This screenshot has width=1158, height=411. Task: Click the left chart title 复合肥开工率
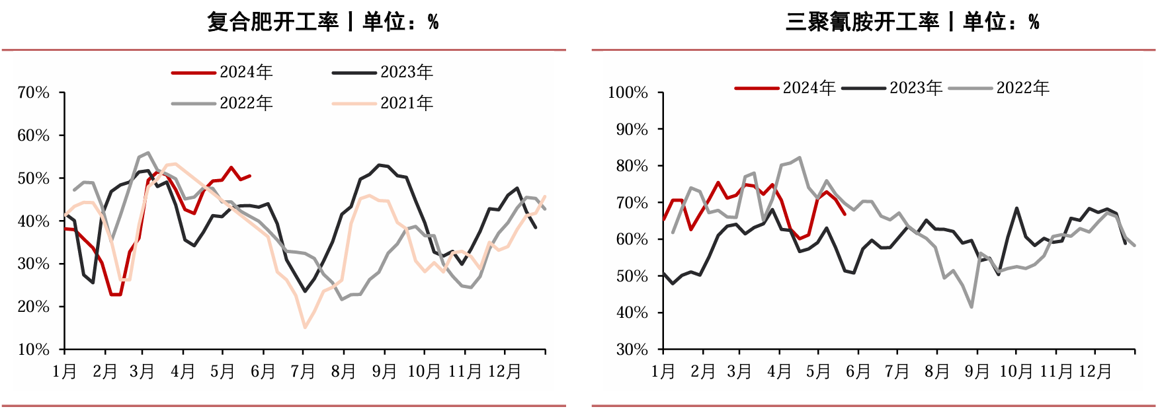coord(272,22)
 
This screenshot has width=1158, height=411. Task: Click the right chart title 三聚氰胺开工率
coord(862,22)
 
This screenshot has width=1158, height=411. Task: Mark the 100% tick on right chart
coord(628,93)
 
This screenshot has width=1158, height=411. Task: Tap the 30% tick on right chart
coord(632,350)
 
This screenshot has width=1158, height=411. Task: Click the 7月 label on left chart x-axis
coord(303,371)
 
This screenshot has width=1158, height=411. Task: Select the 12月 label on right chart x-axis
coord(1095,371)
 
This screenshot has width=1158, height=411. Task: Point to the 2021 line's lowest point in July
coord(305,327)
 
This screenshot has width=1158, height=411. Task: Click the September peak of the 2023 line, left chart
coord(379,165)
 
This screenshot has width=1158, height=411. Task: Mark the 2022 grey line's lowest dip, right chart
coord(971,307)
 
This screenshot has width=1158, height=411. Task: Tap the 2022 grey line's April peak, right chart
coord(800,158)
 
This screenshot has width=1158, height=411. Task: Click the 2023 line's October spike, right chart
coord(1016,208)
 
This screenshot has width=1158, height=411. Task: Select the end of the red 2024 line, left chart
coord(249,176)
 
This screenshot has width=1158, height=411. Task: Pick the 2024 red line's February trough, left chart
coord(116,295)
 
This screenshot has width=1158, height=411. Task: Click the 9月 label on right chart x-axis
coord(976,371)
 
